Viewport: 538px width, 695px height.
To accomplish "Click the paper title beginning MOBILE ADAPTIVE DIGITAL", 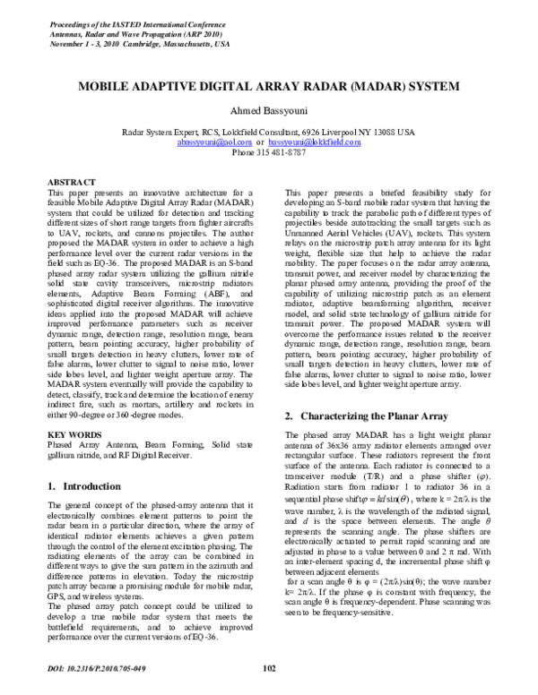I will point(268,91).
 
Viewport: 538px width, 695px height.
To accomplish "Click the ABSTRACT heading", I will point(69,181).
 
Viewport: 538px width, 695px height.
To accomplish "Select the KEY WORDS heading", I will point(73,435).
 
